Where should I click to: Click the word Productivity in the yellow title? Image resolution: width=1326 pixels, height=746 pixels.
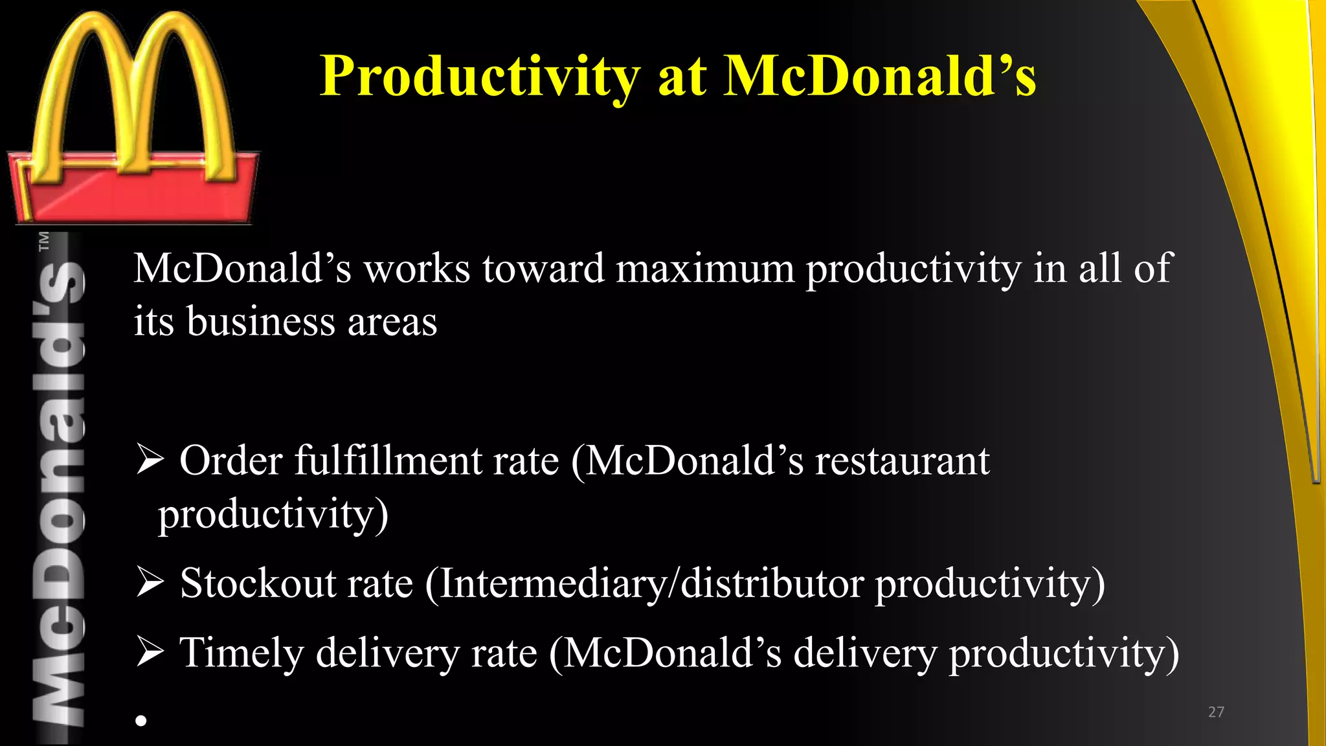[x=480, y=76]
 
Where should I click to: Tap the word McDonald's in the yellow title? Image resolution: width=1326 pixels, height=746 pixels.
[x=879, y=76]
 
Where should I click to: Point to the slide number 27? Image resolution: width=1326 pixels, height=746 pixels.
[x=1216, y=712]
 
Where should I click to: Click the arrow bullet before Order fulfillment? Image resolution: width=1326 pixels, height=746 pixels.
[x=150, y=461]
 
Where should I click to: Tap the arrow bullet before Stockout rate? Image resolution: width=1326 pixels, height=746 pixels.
[x=150, y=583]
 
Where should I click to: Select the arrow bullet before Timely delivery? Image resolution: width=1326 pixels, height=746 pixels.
[x=150, y=652]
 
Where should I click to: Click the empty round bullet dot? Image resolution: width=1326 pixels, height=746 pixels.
[x=141, y=720]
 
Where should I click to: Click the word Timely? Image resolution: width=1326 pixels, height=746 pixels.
[x=241, y=652]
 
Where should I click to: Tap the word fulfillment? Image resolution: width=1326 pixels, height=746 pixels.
[x=388, y=461]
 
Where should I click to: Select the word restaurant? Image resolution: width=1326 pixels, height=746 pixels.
[x=902, y=461]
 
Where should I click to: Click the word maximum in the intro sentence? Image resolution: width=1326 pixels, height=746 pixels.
[x=704, y=268]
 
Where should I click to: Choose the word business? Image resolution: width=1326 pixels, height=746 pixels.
[x=261, y=321]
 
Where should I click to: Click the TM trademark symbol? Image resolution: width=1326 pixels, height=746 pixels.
[x=44, y=241]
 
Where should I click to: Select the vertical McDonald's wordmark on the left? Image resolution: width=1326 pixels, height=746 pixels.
[x=59, y=492]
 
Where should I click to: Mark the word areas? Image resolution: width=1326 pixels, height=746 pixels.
[x=392, y=321]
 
